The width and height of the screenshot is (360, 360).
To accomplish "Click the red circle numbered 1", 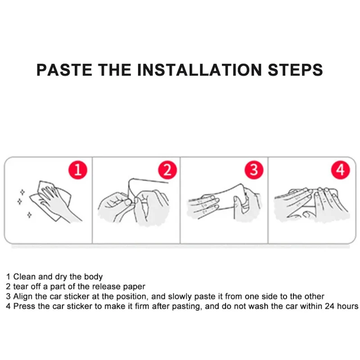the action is coord(78,170).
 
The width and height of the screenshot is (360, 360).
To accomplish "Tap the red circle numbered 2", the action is coord(167,170).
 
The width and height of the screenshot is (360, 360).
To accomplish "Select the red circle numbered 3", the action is coord(254,170).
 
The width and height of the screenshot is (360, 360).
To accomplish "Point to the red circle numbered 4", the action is coord(341,170).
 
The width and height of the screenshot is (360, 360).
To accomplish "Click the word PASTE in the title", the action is coord(64,70).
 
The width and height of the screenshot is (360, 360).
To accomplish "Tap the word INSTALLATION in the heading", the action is coord(199,70).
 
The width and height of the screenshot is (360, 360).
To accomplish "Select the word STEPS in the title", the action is coord(295,70).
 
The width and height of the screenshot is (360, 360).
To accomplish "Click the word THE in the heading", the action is coord(115,70).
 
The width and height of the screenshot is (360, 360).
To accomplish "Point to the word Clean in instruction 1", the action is coord(24,277).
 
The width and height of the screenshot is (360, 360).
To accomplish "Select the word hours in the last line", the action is coord(347,306).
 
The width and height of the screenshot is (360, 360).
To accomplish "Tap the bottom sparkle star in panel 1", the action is coord(29,215).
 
